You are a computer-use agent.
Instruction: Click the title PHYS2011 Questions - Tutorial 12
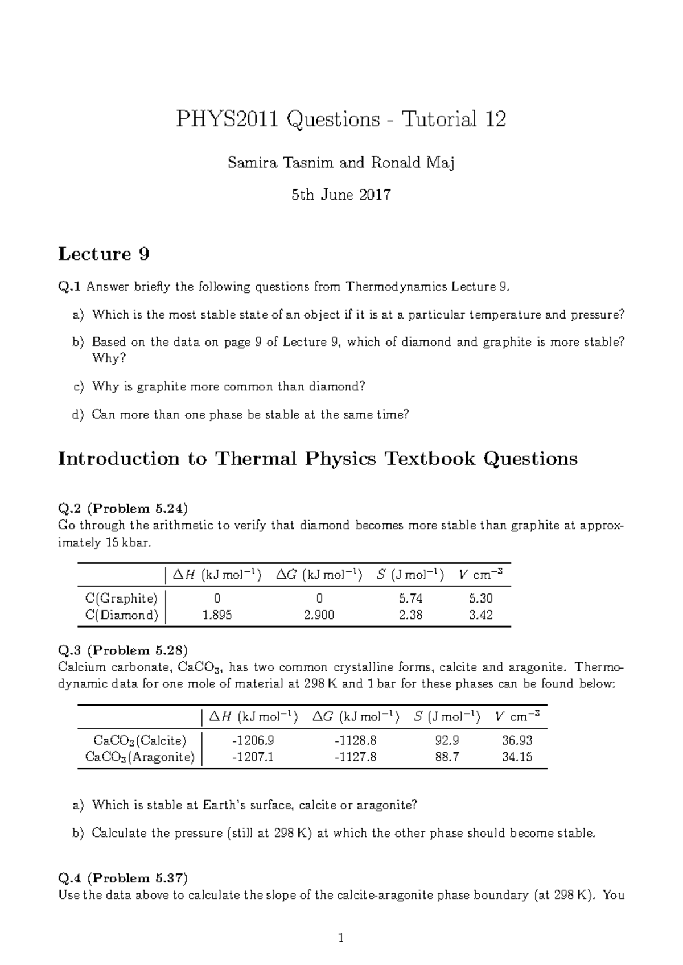click(341, 119)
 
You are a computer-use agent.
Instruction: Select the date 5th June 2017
click(341, 195)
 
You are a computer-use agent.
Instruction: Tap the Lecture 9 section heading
click(104, 254)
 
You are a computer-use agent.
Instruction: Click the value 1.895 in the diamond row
click(217, 615)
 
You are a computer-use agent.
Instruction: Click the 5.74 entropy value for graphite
click(410, 599)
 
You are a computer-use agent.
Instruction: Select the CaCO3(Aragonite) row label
click(139, 757)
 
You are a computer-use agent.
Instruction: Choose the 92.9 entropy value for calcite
click(447, 740)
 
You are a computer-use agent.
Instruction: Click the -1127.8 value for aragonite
click(356, 757)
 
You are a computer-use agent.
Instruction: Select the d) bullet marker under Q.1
click(78, 415)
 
